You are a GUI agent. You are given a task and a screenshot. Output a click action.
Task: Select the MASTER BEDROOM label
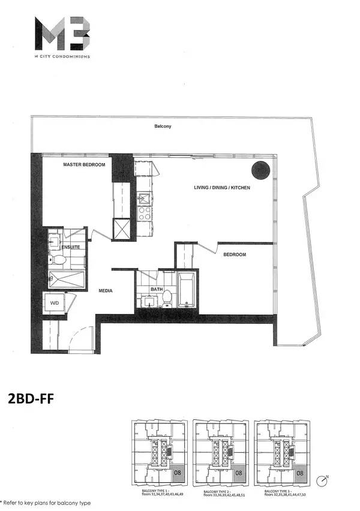tap(85, 164)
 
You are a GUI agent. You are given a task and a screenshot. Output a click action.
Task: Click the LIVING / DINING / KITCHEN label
tap(222, 188)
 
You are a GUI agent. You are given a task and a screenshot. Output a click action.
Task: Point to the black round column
tap(261, 170)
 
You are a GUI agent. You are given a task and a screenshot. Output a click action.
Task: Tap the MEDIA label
tap(107, 291)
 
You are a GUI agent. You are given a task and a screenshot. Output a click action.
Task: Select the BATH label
tap(157, 288)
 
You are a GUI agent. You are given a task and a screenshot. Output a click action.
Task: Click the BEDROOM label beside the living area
tap(235, 254)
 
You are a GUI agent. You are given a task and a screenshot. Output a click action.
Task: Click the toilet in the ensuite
tap(59, 260)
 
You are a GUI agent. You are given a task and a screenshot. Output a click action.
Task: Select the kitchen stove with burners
tap(145, 212)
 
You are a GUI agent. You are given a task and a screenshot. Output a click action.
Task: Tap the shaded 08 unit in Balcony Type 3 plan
tap(300, 472)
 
